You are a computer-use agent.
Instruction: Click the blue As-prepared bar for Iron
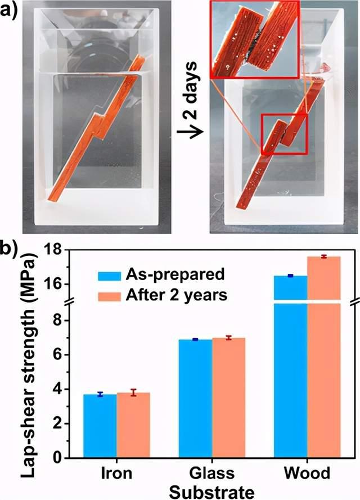click(x=100, y=426)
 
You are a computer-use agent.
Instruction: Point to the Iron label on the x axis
click(x=116, y=473)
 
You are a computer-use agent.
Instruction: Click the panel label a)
click(x=12, y=10)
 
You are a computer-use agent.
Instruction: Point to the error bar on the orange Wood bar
click(x=324, y=256)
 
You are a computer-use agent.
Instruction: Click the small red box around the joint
click(x=284, y=134)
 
